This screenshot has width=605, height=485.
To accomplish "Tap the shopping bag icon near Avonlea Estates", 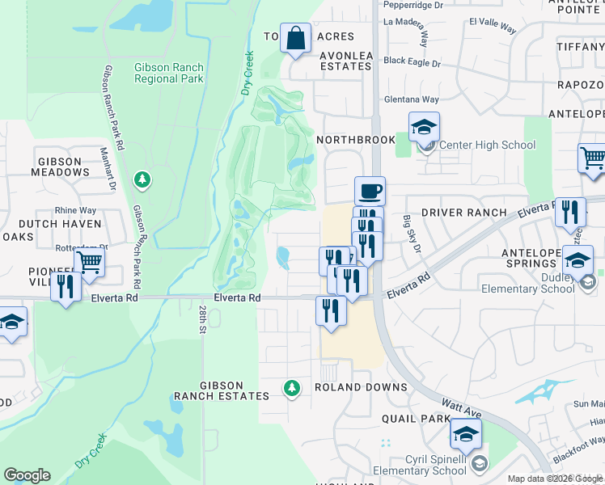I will (x=296, y=39).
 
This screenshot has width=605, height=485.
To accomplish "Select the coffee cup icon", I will (x=370, y=192).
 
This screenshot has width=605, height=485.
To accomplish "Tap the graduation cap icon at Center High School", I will (x=423, y=127).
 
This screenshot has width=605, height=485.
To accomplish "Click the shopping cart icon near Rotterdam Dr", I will (x=89, y=261).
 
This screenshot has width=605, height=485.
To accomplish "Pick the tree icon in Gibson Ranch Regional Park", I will (x=142, y=179).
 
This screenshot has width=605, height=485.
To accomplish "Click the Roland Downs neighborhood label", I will (x=361, y=387).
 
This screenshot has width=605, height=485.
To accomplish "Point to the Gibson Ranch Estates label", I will (x=220, y=391).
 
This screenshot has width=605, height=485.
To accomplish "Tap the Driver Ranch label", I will (x=466, y=213).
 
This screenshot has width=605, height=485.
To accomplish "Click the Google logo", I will (x=27, y=475).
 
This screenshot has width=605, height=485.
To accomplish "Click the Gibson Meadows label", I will (x=59, y=167).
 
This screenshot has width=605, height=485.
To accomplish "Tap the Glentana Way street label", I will (x=411, y=99).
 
